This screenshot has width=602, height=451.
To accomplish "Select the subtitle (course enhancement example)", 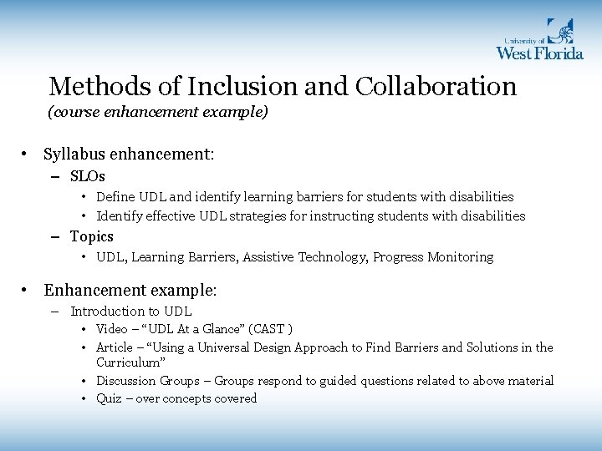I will (158, 112).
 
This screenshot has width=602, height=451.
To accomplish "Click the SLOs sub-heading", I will (88, 176).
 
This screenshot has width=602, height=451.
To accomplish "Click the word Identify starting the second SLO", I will (120, 215).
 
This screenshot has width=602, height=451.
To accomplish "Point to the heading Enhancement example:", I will (130, 290).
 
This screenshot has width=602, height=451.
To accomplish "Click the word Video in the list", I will (112, 329).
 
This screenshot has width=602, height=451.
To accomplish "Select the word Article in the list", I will (115, 347).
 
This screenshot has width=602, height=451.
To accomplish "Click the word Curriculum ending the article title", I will (130, 362).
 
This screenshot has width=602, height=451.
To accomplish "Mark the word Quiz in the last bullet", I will (109, 398).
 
